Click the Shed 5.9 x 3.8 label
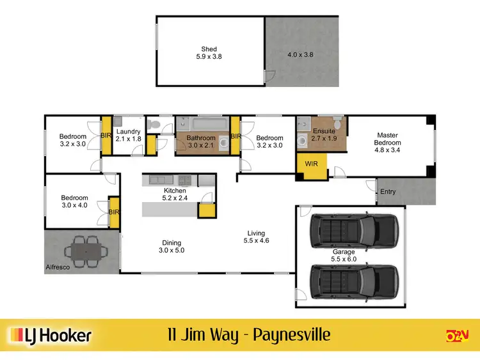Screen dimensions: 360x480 209,52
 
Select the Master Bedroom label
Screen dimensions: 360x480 387,139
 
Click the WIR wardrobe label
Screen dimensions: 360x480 311,164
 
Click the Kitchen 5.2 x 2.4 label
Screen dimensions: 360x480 175,194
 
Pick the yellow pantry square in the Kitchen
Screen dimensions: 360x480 206,211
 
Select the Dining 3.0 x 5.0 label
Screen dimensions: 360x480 172,247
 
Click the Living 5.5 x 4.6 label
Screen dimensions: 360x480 256,237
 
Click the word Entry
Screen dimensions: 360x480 388,192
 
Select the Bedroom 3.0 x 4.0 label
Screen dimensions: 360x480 74,201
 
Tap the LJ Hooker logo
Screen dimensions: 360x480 50,336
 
